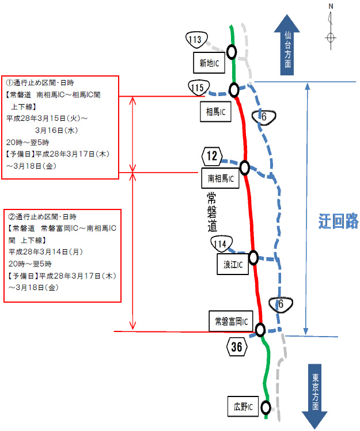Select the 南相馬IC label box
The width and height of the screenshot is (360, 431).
[x=219, y=178]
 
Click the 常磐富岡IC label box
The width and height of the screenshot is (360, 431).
[x=230, y=321]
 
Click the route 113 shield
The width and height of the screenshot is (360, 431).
[x=195, y=40]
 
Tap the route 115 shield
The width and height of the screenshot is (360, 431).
[x=197, y=87]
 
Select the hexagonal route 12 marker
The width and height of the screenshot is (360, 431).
[x=211, y=155]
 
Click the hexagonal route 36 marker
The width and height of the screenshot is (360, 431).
[x=237, y=346]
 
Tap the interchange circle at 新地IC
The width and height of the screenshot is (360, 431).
[x=232, y=52]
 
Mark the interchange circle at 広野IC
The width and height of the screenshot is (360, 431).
[x=266, y=407]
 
